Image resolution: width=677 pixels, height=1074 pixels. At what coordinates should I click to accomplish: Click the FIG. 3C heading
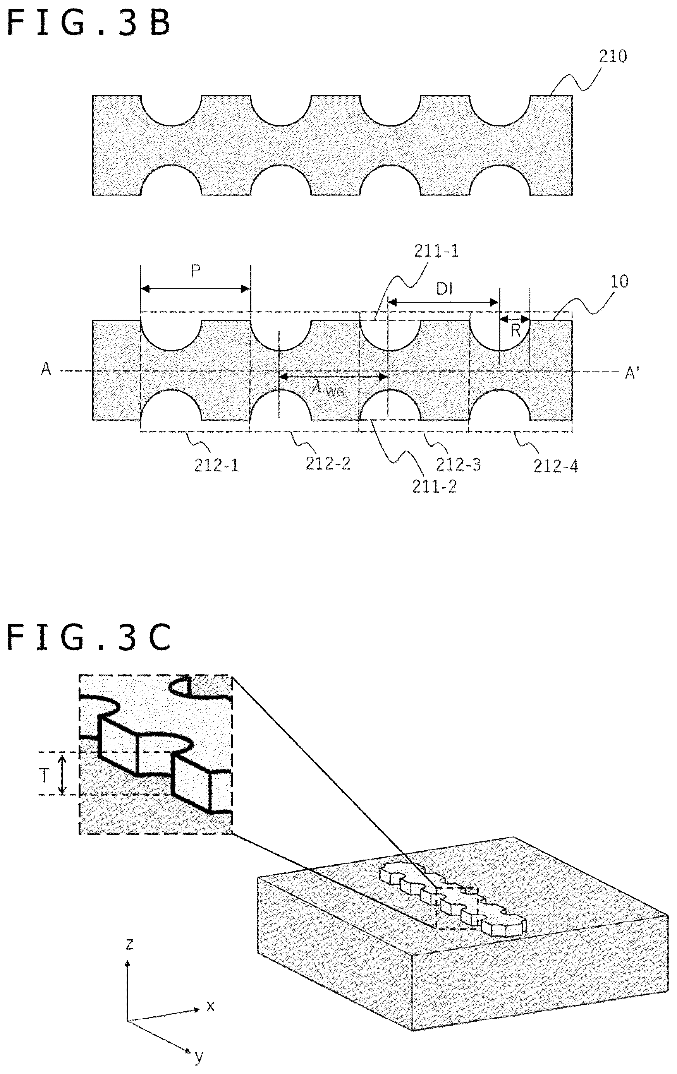click(88, 637)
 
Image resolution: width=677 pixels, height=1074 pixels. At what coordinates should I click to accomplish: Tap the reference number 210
click(612, 57)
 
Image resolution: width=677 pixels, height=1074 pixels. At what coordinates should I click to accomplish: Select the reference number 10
click(619, 281)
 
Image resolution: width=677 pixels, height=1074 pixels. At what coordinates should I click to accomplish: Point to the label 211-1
click(436, 252)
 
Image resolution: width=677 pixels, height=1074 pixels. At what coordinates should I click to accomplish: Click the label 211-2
click(434, 486)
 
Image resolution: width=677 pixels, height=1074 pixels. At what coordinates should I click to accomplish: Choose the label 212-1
click(216, 466)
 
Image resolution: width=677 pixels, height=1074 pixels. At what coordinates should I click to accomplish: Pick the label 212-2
click(328, 464)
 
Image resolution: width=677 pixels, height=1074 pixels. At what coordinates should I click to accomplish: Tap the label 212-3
click(458, 465)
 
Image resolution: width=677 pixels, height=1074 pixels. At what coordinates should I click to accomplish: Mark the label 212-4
click(556, 466)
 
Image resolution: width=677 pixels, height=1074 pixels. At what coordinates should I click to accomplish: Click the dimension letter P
click(196, 271)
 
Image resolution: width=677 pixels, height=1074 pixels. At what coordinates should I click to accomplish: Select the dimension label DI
click(445, 289)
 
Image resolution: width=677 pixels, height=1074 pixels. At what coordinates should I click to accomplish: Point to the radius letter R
click(515, 331)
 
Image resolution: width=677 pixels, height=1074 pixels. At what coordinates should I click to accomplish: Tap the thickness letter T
click(44, 776)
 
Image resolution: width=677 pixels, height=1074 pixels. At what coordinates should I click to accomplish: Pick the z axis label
click(129, 944)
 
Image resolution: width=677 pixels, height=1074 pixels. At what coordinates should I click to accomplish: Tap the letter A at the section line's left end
click(46, 370)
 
